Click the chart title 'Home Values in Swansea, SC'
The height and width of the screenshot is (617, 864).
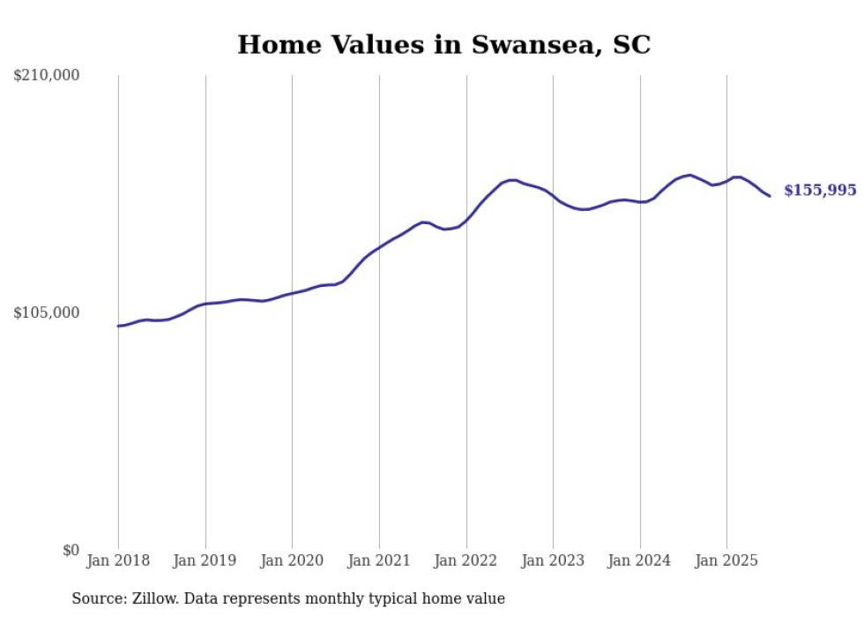click(443, 45)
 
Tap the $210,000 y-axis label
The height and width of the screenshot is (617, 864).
click(47, 76)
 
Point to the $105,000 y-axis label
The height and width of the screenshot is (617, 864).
click(47, 313)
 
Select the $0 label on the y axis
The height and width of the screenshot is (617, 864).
click(71, 550)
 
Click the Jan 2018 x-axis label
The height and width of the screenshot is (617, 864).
click(118, 561)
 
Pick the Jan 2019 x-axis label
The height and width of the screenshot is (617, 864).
click(205, 561)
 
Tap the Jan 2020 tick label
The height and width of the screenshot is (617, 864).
click(292, 561)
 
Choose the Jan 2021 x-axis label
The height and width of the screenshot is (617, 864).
click(379, 561)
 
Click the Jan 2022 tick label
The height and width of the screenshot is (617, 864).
click(466, 561)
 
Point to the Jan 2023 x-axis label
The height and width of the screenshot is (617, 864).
click(553, 561)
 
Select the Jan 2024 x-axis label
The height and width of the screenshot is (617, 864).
click(640, 561)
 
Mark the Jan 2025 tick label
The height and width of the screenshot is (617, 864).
click(726, 561)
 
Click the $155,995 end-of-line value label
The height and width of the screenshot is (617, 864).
click(820, 191)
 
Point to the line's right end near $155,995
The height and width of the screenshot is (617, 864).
click(770, 196)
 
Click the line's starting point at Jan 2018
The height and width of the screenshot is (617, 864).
click(118, 326)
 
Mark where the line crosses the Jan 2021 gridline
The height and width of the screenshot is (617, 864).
click(379, 247)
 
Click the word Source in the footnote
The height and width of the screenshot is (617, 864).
click(96, 598)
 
